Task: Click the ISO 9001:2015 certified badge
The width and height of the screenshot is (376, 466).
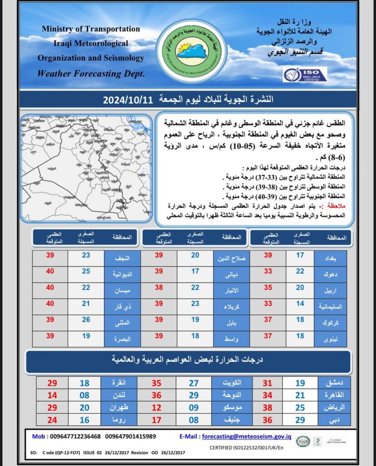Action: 305,74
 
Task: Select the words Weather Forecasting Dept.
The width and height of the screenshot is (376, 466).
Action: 91,73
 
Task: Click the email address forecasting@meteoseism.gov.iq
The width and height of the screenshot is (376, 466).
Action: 246,436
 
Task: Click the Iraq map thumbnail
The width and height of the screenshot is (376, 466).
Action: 86,168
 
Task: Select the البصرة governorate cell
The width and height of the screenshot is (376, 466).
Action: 122,338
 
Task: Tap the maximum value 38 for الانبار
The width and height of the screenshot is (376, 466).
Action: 158,288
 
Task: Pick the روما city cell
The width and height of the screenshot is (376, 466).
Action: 118,420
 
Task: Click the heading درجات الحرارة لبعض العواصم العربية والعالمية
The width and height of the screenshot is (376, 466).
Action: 189,360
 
